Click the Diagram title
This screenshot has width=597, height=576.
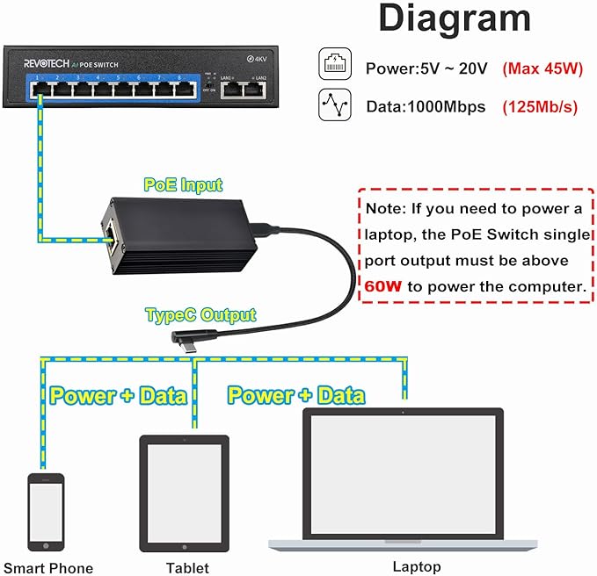pyautogui.click(x=454, y=19)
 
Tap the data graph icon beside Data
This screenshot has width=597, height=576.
pyautogui.click(x=334, y=107)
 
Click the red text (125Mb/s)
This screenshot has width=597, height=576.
pyautogui.click(x=540, y=107)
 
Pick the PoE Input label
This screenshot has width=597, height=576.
pyautogui.click(x=184, y=184)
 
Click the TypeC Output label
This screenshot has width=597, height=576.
pyautogui.click(x=201, y=314)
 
